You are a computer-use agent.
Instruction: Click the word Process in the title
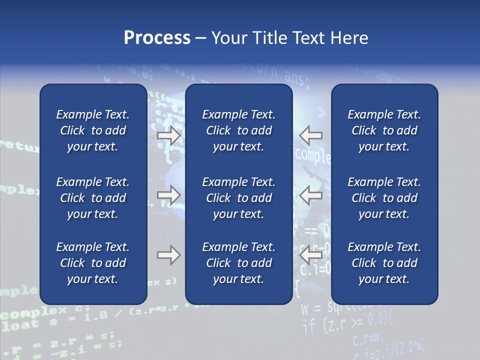(x=157, y=38)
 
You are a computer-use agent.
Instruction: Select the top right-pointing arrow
(x=169, y=135)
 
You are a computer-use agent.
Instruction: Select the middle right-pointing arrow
(x=169, y=195)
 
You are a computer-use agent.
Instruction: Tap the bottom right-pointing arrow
(x=169, y=255)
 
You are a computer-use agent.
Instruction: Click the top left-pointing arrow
(x=311, y=135)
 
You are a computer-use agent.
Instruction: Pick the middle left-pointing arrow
(x=311, y=195)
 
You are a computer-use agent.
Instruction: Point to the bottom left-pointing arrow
(x=311, y=255)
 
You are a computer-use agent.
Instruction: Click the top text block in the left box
(x=93, y=130)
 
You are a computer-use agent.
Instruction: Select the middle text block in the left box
(x=93, y=198)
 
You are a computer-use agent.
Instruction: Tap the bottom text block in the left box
(x=93, y=263)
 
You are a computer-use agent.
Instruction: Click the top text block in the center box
(x=239, y=130)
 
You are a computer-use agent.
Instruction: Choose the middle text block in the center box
(x=239, y=198)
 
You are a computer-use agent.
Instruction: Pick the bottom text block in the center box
(x=239, y=263)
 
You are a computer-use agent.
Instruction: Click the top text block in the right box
(x=384, y=130)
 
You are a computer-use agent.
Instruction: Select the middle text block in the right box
(x=384, y=198)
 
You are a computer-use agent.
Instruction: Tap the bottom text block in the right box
(x=384, y=263)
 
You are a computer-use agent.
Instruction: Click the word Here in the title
(x=349, y=38)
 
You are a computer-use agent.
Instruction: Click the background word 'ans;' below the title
(x=297, y=77)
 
